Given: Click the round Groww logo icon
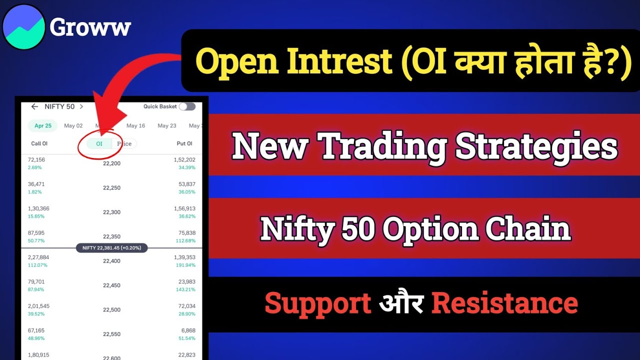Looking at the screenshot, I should [x=24, y=27].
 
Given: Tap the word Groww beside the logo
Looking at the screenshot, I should [x=90, y=27].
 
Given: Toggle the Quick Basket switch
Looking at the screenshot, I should [x=187, y=106].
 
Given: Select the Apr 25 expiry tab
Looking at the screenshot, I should [x=43, y=126].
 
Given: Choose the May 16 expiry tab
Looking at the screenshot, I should [x=135, y=126].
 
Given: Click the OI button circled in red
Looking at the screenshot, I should [x=99, y=144].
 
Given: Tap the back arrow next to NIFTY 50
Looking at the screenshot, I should [x=34, y=106].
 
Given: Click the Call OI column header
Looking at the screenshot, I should [x=39, y=144].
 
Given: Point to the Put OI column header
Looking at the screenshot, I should [x=184, y=144].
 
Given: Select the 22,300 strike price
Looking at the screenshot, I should [x=111, y=212].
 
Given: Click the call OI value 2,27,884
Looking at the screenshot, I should [x=38, y=257].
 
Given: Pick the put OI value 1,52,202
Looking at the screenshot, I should [x=184, y=159].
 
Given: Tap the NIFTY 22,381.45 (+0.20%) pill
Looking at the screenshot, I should [x=111, y=248].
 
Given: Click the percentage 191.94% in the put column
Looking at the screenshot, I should [x=185, y=265].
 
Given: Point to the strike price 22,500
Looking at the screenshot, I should [x=111, y=310].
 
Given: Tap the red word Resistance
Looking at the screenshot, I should [x=504, y=303].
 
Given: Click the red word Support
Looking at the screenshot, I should [x=318, y=303].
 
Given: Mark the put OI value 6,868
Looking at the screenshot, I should [x=187, y=331].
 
